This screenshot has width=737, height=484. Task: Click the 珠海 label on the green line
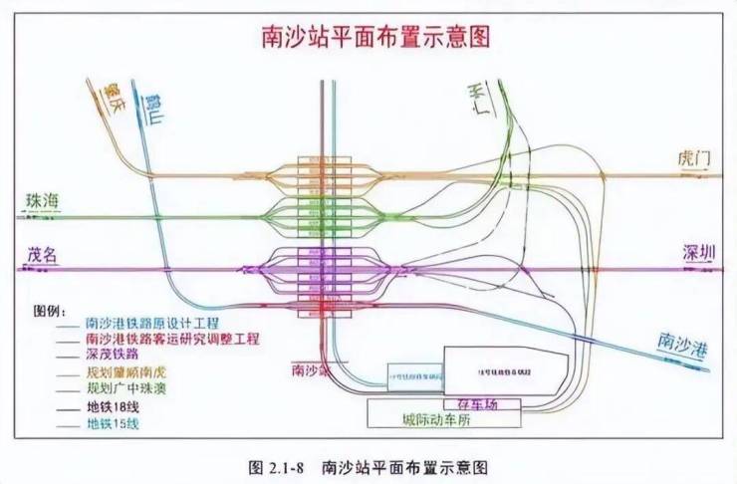coord(42,202)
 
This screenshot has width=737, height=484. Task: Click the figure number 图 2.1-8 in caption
coord(275,466)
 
